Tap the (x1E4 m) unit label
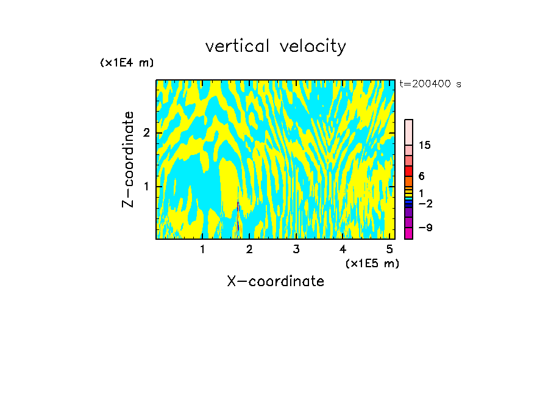[127, 63]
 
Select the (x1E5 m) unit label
[372, 263]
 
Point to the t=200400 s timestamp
[430, 84]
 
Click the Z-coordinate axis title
[128, 159]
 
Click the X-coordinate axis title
[275, 281]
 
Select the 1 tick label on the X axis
[202, 249]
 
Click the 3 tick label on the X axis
[296, 249]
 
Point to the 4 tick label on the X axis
[343, 249]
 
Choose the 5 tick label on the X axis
[390, 249]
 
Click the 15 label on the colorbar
[425, 145]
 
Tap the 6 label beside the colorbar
[422, 176]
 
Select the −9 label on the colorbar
[425, 228]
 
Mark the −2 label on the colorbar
[425, 203]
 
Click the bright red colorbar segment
[409, 171]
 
